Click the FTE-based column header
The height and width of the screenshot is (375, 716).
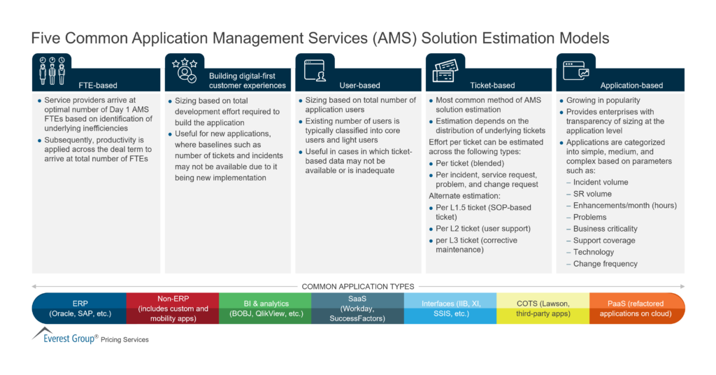96,85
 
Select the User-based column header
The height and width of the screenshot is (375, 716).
360,85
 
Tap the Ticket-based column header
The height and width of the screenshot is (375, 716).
490,85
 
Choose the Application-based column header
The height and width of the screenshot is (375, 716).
620,85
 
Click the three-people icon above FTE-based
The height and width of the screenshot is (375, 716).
52,69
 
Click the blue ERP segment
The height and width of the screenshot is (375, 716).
80,309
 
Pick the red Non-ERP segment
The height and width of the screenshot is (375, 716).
173,309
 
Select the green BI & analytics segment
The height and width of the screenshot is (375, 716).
265,309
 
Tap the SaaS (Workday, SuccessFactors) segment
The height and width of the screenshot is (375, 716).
357,309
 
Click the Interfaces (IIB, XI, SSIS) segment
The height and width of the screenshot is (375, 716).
450,309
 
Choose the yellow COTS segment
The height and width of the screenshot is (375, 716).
543,309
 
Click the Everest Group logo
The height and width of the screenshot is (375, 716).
66,337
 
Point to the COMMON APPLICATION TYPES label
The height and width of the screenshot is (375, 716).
357,286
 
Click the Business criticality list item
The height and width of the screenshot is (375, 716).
605,229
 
